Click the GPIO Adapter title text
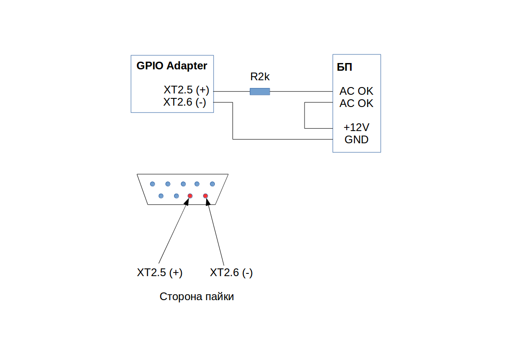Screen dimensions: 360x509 pos(172,66)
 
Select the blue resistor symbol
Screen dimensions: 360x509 pos(260,92)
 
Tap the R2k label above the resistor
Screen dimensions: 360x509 pos(260,77)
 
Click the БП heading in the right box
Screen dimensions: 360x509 pos(344,68)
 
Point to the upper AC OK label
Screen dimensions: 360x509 pos(356,91)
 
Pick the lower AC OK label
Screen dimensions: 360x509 pos(356,103)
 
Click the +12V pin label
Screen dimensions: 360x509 pos(356,127)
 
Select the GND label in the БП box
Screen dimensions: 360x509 pos(356,140)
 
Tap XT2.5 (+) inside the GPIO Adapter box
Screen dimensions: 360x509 pos(186,90)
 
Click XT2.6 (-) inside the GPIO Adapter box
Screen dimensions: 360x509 pos(185,102)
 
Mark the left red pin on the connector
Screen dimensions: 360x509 pos(190,196)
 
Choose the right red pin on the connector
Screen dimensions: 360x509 pos(205,196)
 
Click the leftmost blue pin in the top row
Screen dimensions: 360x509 pos(152,184)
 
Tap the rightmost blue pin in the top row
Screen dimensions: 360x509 pos(212,184)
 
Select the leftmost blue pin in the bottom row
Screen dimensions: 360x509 pos(161,196)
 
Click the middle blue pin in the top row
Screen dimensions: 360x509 pos(183,184)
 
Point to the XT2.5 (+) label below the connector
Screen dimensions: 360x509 pos(160,273)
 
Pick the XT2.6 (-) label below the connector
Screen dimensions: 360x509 pos(231,273)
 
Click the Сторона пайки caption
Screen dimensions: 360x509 pos(197,297)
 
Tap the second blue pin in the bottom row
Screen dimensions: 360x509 pos(176,196)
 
